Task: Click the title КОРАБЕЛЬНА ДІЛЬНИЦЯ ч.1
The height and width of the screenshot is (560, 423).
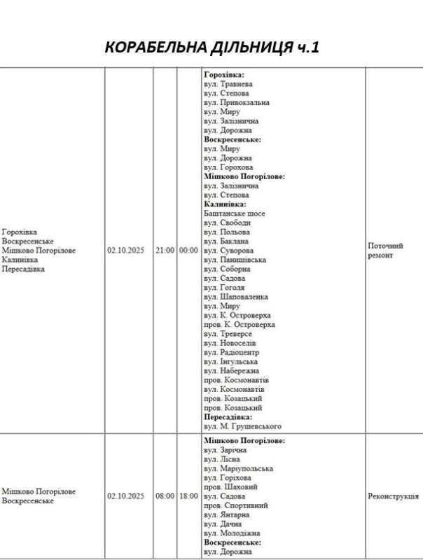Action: pyautogui.click(x=211, y=48)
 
